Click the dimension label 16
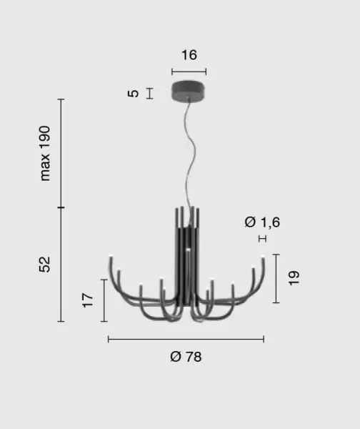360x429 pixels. [x=189, y=55]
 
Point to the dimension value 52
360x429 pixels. [x=46, y=265]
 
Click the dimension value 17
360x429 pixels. [x=88, y=300]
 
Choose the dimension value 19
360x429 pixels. [x=294, y=278]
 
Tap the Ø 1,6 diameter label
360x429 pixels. [x=262, y=222]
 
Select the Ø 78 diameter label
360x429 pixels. [x=186, y=357]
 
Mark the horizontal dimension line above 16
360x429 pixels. [x=189, y=71]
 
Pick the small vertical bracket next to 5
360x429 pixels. [x=149, y=93]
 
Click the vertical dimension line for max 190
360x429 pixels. [x=61, y=154]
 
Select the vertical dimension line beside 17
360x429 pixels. [x=104, y=300]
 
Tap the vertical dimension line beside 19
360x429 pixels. [x=276, y=278]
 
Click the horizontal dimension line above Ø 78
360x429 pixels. [x=186, y=339]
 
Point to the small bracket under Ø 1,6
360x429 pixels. [x=262, y=238]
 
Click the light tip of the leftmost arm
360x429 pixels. [x=110, y=257]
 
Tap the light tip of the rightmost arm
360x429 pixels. [x=263, y=257]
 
